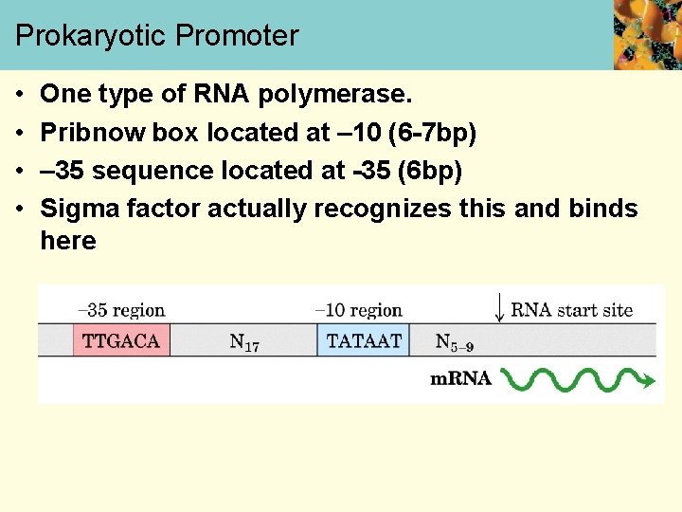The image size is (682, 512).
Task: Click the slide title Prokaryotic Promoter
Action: point(157,36)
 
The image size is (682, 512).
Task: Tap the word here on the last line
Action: point(68,241)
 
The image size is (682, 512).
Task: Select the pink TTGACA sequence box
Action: point(121,340)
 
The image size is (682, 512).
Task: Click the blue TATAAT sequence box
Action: point(364,340)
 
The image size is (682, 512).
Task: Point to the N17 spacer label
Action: point(244,342)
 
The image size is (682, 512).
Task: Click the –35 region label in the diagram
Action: point(120,310)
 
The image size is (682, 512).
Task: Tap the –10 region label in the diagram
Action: point(358,310)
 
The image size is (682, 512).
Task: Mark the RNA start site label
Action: point(571,310)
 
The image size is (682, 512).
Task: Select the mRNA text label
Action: point(460,379)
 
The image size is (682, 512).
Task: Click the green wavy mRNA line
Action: point(577,379)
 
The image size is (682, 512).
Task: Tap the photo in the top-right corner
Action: point(647,35)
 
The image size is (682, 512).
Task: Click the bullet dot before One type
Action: point(21,96)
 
